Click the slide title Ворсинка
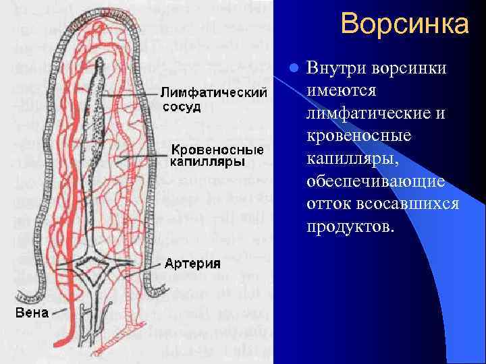(404, 24)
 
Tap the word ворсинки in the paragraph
(408, 69)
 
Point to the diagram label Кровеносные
(207, 148)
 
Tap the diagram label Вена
(32, 313)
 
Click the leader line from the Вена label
(58, 312)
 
